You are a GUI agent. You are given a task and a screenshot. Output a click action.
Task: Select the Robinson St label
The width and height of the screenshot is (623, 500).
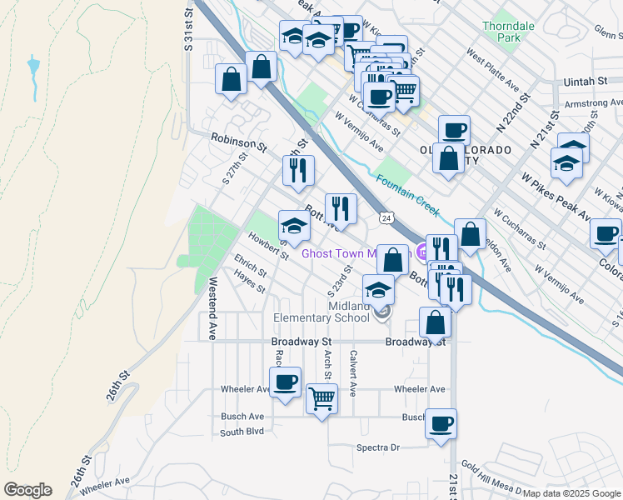click(x=237, y=142)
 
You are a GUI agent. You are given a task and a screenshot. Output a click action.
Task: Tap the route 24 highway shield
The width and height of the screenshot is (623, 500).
click(x=386, y=217)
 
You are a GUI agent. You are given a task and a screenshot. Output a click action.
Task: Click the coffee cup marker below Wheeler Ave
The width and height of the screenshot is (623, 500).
click(x=285, y=382)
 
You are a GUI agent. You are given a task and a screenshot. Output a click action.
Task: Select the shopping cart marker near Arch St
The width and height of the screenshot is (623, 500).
click(x=321, y=399)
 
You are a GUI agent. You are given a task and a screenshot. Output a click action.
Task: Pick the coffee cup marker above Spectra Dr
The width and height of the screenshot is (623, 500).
click(x=441, y=422)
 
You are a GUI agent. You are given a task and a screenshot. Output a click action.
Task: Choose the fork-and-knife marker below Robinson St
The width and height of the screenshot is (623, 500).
click(x=297, y=171)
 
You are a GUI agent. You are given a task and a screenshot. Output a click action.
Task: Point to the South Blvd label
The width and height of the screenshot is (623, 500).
click(x=242, y=432)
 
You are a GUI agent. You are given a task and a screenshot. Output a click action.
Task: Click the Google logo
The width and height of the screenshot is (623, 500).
click(x=27, y=490)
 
